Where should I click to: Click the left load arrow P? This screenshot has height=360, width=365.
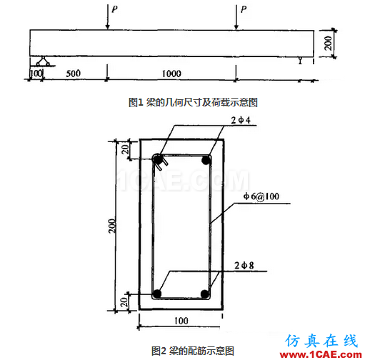[x=108, y=16]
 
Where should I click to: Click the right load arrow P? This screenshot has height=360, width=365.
[x=236, y=17]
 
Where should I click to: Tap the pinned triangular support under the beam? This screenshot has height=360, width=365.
[x=43, y=61]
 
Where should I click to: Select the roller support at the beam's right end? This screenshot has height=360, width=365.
[x=301, y=61]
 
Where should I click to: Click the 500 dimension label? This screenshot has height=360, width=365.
[x=73, y=74]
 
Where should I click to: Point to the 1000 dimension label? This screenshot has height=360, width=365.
[x=171, y=74]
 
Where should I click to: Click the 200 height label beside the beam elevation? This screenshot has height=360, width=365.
[x=328, y=44]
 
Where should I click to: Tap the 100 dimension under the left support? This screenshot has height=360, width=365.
[x=36, y=73]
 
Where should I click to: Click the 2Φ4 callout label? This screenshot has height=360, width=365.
[x=241, y=120]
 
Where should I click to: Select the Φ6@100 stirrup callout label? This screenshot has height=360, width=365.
[x=261, y=196]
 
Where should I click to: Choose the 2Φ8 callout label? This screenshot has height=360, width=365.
[x=244, y=266]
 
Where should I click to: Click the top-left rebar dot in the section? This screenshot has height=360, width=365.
[x=158, y=159]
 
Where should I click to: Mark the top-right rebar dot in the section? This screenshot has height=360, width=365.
[x=206, y=160]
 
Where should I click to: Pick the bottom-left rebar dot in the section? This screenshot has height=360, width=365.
[x=157, y=294]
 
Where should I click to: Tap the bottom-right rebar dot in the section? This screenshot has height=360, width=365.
[x=205, y=294]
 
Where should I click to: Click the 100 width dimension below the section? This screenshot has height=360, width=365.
[x=181, y=321]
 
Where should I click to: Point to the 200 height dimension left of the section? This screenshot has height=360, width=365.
[x=112, y=226]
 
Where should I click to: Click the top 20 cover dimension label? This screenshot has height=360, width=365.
[x=125, y=149]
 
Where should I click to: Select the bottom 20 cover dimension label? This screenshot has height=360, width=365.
[x=124, y=302]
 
